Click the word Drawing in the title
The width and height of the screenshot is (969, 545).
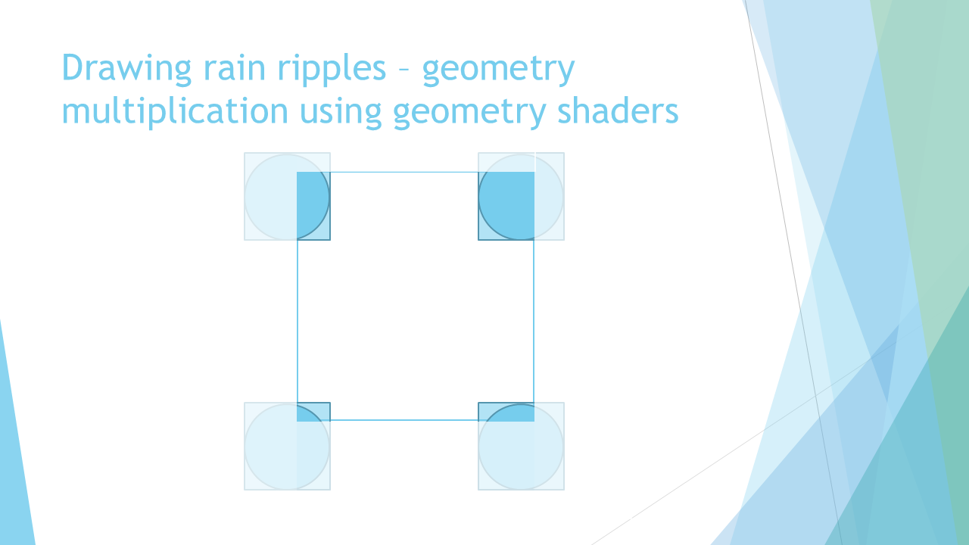tap(126, 68)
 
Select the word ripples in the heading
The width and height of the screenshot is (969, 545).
tap(332, 69)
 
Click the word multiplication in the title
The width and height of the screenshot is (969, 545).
tap(175, 111)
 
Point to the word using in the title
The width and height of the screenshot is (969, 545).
tap(341, 113)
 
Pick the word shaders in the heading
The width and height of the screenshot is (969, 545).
tap(617, 111)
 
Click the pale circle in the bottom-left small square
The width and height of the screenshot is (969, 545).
tap(245, 447)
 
